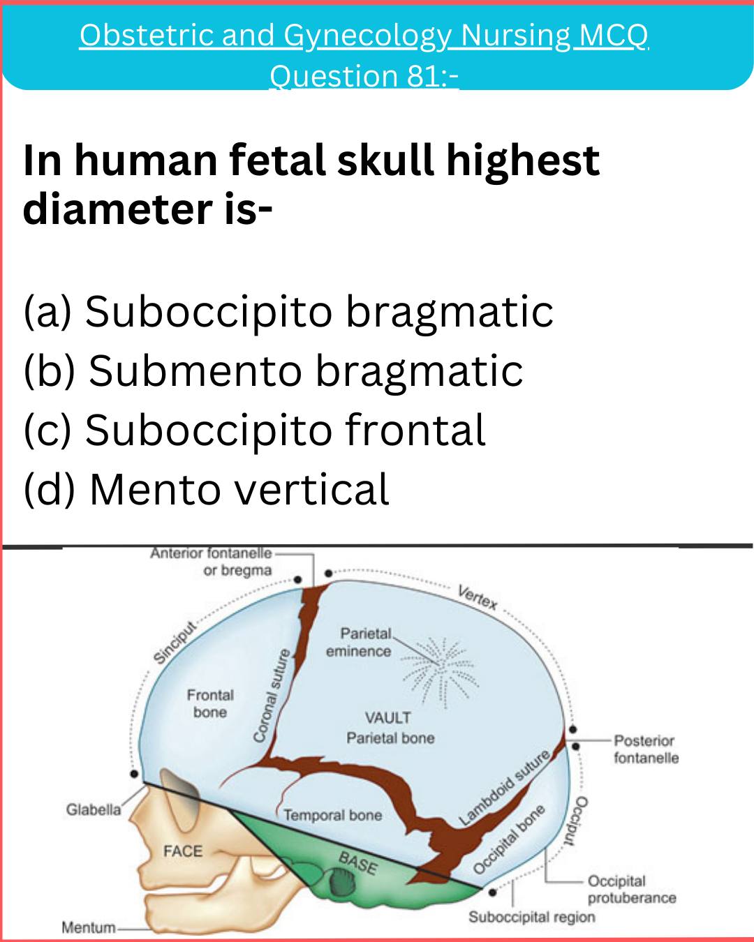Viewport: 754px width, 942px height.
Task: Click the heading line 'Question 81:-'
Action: tap(364, 76)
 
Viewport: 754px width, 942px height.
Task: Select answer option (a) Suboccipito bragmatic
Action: tap(288, 312)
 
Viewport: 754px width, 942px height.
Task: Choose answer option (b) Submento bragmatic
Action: tap(274, 371)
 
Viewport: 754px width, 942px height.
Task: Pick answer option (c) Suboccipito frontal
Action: tap(255, 431)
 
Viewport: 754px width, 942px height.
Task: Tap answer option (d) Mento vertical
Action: tap(207, 489)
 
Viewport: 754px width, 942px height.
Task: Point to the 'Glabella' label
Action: tap(94, 809)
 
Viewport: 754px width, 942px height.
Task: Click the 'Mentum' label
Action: tap(89, 927)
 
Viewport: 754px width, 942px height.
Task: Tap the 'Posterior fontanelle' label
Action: tap(646, 749)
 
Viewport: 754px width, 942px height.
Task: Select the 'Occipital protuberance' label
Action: tap(632, 889)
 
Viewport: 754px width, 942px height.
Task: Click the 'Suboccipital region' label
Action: tap(532, 917)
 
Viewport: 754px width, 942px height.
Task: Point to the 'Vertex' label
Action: tap(478, 597)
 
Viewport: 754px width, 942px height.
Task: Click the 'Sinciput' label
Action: tap(174, 643)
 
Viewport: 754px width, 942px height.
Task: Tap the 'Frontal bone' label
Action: tap(210, 703)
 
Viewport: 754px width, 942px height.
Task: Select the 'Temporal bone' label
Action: tap(333, 815)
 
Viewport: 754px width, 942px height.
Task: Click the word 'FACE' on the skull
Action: tap(183, 851)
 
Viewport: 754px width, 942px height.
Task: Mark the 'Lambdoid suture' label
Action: tap(504, 787)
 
